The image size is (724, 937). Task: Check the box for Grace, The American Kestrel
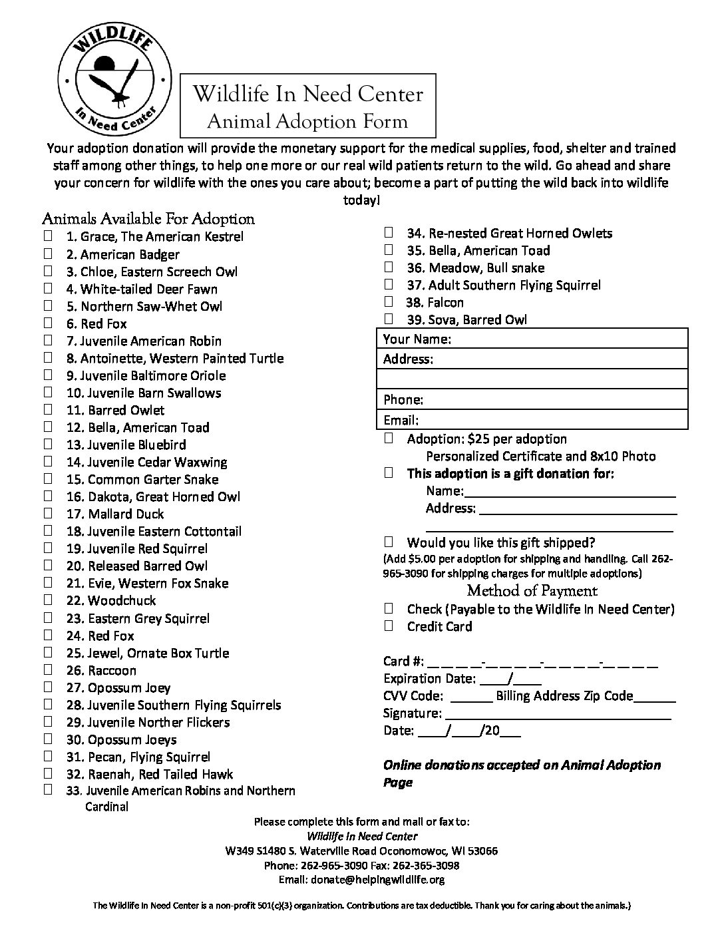(x=48, y=236)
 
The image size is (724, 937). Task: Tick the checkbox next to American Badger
(x=48, y=253)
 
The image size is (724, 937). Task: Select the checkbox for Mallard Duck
(x=48, y=512)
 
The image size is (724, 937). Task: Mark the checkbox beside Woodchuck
(x=48, y=599)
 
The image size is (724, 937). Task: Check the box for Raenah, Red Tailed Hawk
(x=48, y=773)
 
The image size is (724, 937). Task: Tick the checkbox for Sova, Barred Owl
(x=389, y=319)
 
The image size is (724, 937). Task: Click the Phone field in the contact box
(x=552, y=399)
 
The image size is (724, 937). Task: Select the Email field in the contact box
(x=552, y=420)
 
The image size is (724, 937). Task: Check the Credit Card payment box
(x=389, y=626)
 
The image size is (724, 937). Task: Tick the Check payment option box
(x=389, y=608)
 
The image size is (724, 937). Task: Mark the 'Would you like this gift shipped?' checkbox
(x=389, y=542)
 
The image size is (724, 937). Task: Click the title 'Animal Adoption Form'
(x=307, y=121)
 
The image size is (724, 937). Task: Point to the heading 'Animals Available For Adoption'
(x=148, y=218)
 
